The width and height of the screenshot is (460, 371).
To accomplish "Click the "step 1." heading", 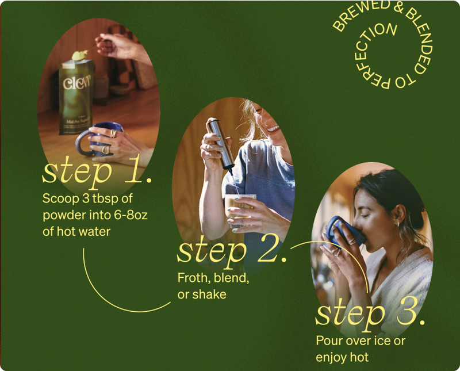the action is coord(97,173).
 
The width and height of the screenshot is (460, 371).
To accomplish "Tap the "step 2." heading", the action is coord(232,252).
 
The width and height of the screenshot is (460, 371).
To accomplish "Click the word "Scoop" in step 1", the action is coord(61,199).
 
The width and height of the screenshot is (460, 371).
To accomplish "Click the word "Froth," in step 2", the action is coord(194,278).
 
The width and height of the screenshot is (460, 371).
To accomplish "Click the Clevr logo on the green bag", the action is coord(77,83).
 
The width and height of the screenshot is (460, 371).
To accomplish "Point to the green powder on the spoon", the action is coord(80,55).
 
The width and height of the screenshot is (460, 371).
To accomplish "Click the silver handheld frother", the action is coord(221,144).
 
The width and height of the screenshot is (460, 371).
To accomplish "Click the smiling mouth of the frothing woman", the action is coord(273,129).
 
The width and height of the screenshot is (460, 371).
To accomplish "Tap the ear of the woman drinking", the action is coord(401,215).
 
